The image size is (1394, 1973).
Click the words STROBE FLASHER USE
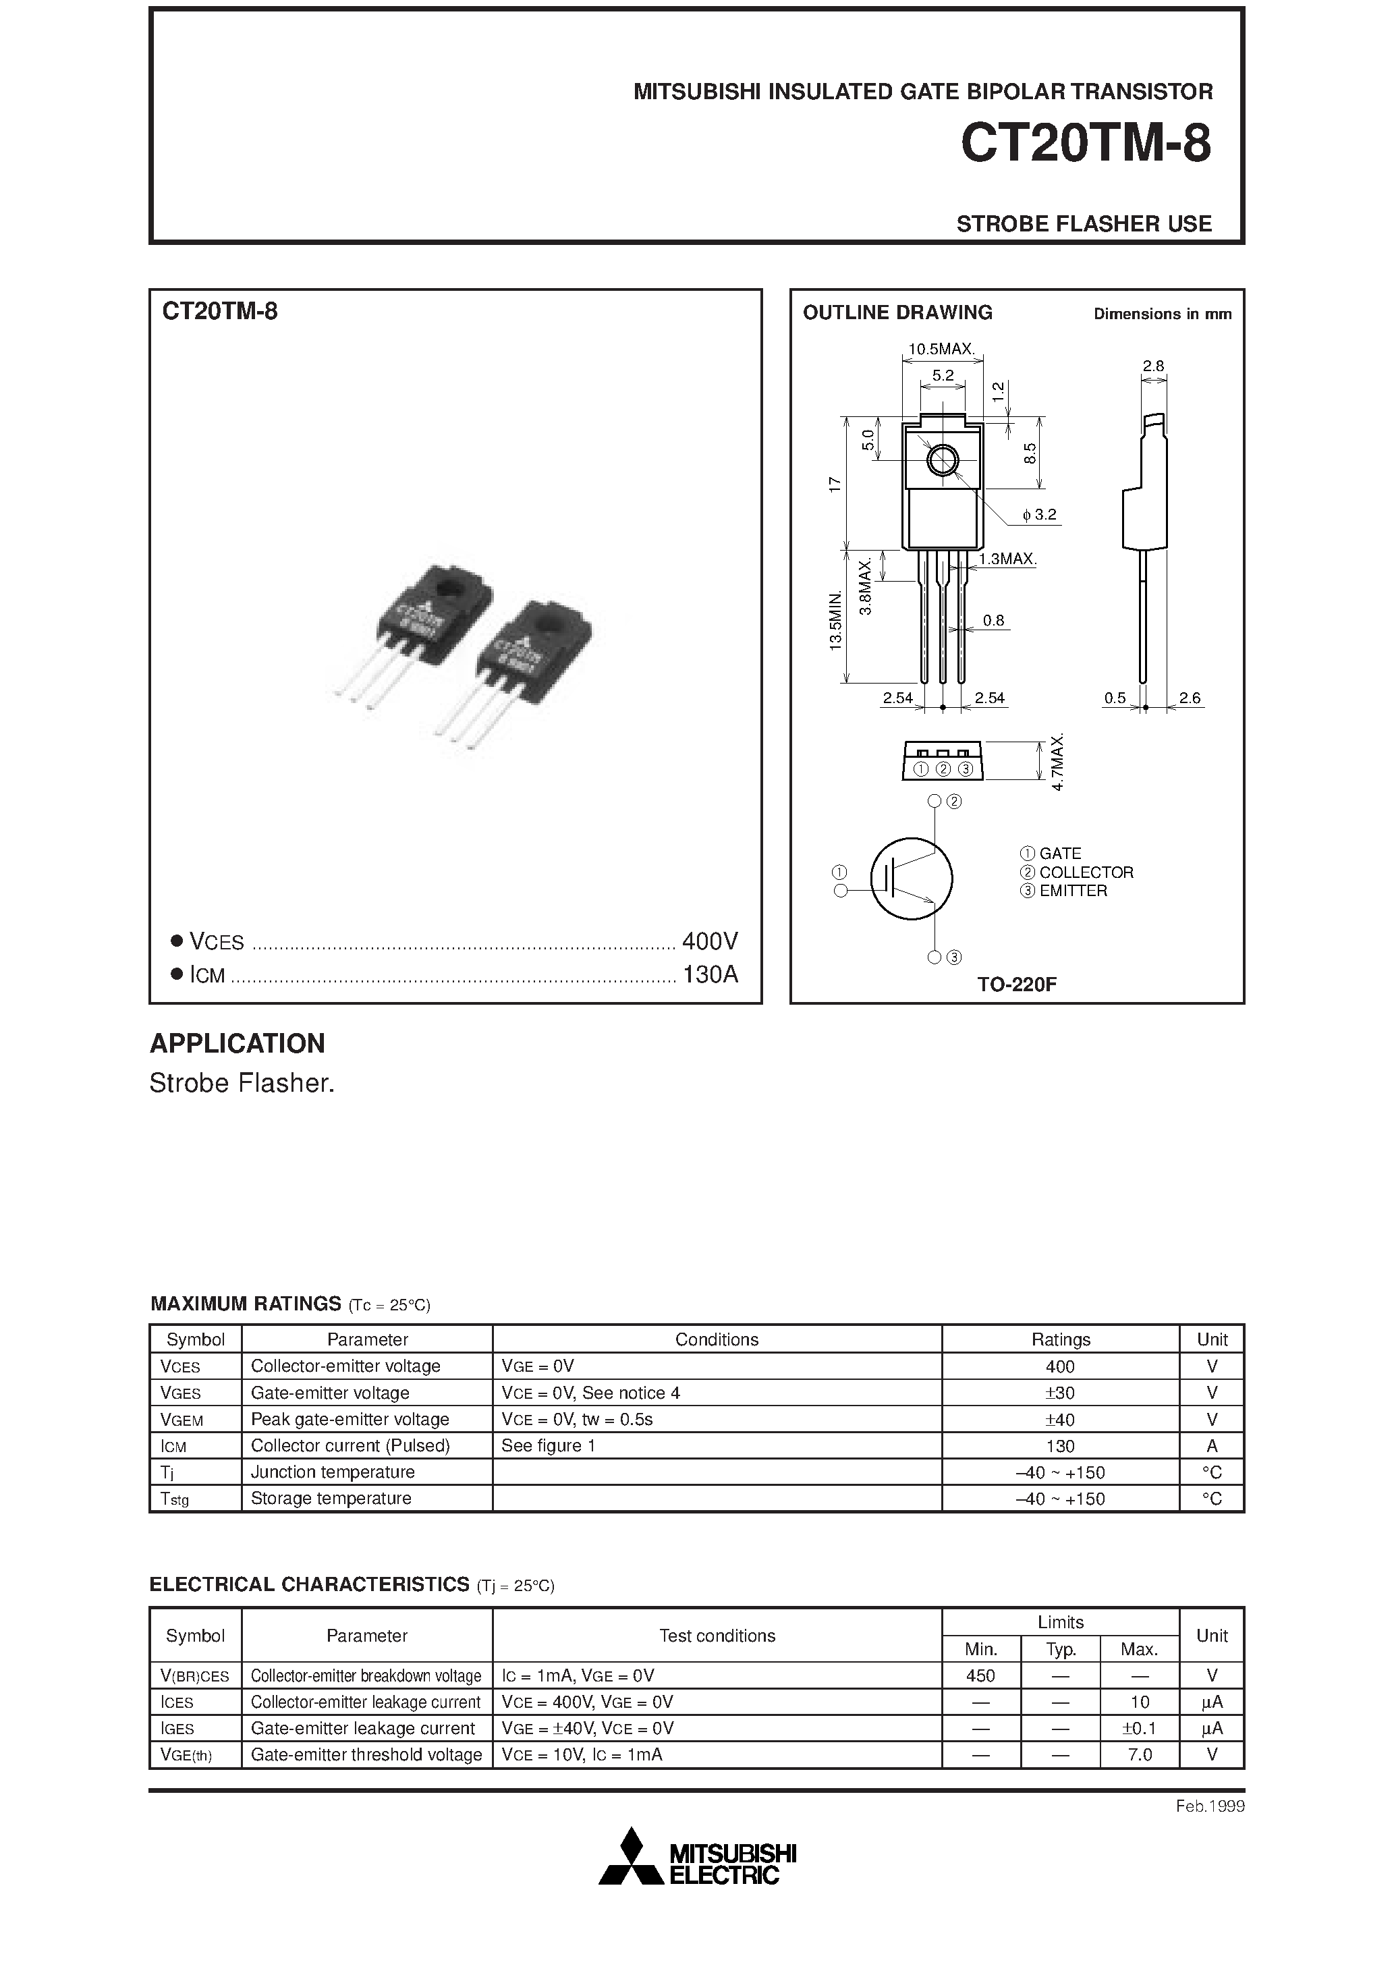coord(1083,223)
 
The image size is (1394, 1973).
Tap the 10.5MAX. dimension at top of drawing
coord(942,349)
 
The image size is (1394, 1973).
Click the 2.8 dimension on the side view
coord(1152,366)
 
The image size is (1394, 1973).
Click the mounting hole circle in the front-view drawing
coord(943,462)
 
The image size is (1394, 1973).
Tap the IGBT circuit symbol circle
coord(911,879)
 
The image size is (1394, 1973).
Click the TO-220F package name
coord(1016,984)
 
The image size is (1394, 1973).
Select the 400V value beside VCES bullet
coord(709,942)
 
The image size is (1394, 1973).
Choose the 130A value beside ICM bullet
coord(709,974)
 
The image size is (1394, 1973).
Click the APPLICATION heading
coord(238,1043)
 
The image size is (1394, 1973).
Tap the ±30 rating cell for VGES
coord(1060,1393)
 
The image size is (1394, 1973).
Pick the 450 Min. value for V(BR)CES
coord(980,1675)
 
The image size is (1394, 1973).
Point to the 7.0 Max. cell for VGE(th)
coord(1139,1755)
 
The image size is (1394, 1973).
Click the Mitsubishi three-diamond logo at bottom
coord(632,1858)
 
